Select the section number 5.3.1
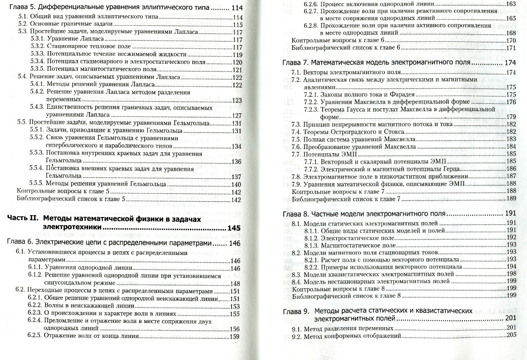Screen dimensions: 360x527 coord(37,40)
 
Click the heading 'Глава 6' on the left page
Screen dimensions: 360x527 coord(21,243)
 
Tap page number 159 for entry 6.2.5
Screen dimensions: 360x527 coord(234,336)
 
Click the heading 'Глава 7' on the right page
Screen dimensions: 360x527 coord(295,63)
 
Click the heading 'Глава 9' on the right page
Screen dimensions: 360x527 coord(295,311)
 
